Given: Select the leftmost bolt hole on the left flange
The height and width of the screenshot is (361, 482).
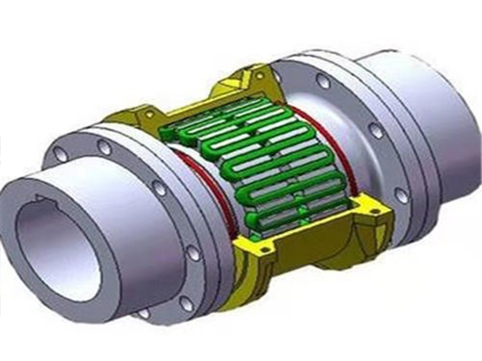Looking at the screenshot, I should click(61, 153).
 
